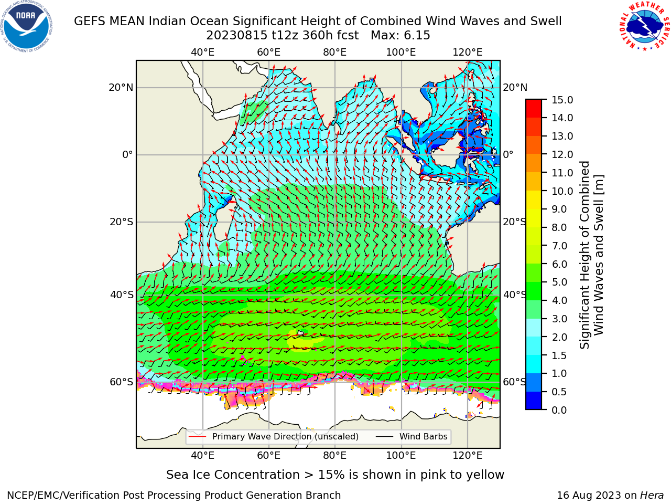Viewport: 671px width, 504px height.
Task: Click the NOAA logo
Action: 26,26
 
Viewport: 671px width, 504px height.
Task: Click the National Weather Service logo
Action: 644,26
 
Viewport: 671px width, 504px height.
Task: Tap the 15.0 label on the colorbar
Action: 562,100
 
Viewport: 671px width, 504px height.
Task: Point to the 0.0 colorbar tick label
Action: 559,410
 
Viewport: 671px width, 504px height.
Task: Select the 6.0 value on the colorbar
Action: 559,264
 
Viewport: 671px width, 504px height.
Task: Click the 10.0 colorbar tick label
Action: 562,191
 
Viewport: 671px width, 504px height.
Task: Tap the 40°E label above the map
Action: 202,52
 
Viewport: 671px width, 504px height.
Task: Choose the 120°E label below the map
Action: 468,455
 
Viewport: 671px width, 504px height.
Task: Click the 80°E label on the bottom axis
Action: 335,455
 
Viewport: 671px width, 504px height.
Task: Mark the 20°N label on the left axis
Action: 121,88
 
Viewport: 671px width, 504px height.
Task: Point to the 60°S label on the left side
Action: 122,382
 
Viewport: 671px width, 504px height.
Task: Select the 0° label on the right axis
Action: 508,154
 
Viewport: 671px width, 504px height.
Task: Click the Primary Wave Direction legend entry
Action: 274,437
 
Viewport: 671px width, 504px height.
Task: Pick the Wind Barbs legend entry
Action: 412,437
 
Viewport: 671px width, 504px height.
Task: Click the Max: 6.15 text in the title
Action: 401,36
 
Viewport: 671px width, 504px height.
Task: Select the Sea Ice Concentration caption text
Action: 335,475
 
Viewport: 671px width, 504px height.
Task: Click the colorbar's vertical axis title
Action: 591,255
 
